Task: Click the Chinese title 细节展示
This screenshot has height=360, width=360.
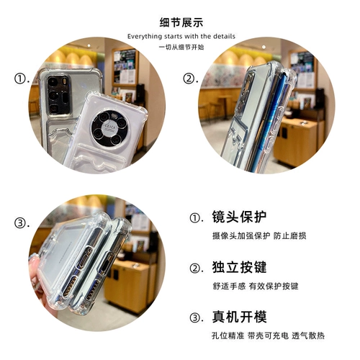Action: pyautogui.click(x=180, y=22)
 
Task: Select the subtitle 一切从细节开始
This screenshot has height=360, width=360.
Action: pyautogui.click(x=180, y=47)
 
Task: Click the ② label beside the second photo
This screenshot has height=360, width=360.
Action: pyautogui.click(x=189, y=78)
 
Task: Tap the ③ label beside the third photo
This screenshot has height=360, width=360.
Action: pyautogui.click(x=21, y=222)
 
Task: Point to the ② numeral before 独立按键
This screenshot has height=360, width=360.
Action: pyautogui.click(x=196, y=268)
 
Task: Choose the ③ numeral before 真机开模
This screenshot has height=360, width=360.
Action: pyautogui.click(x=196, y=318)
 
